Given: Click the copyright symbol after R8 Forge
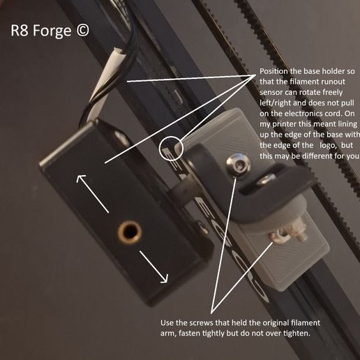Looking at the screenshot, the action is [x=82, y=31].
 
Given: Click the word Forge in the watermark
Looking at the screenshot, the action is [x=52, y=31].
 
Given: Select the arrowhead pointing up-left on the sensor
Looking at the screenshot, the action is [x=80, y=179].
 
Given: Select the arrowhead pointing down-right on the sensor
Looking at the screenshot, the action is [x=164, y=278].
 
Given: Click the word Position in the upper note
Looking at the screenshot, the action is [x=273, y=71].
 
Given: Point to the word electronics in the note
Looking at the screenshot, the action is [x=303, y=114].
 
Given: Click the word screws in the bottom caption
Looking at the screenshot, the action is [x=201, y=323].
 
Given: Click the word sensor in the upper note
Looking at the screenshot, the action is [x=271, y=93].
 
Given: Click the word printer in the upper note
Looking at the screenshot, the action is [x=283, y=124].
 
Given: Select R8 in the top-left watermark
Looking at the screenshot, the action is [x=20, y=31].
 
